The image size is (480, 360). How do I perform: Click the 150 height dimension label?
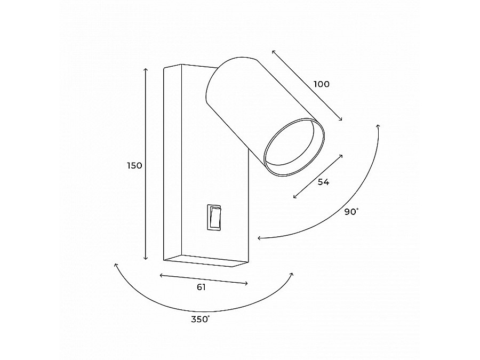(135, 166)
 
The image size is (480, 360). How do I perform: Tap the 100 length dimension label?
(322, 84)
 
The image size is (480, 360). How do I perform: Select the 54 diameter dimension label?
(323, 182)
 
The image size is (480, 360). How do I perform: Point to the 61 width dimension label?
(201, 287)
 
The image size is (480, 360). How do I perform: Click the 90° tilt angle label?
(351, 212)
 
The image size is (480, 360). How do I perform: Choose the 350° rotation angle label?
(201, 319)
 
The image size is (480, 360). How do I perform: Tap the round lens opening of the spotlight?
(293, 147)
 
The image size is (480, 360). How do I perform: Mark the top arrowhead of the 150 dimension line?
(146, 69)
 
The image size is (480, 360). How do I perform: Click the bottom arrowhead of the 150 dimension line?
(146, 258)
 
